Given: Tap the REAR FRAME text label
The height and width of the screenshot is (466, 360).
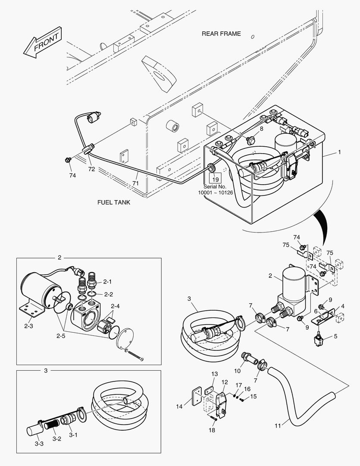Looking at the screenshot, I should pos(221,34).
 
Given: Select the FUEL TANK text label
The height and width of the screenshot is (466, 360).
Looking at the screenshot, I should pos(113,202).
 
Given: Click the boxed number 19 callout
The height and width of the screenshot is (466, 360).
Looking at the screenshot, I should pos(215,179).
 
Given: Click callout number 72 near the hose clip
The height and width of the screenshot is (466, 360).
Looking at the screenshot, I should pos(91,169).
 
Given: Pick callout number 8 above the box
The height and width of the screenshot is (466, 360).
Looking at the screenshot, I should pos(261,129).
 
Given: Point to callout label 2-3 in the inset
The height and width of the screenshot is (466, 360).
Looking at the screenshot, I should pos(28,326).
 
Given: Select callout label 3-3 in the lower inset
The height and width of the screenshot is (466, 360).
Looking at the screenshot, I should pos(39,444).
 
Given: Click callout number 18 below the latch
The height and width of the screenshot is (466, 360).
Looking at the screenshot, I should pos(212,430).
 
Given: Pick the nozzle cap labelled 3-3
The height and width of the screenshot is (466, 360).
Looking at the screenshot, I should pos(34,430).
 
